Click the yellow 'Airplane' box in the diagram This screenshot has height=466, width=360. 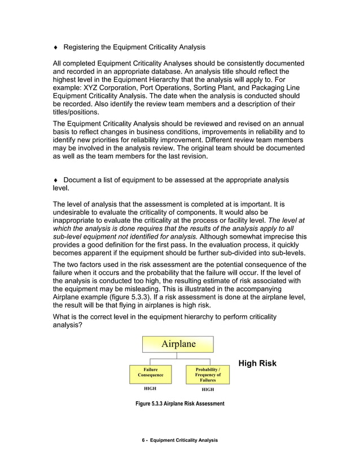click(178, 344)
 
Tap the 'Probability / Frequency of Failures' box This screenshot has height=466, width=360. click(208, 375)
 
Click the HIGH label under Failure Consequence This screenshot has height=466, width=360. click(149, 389)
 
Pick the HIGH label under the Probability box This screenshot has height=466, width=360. click(208, 389)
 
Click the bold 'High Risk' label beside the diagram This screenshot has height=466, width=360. click(257, 363)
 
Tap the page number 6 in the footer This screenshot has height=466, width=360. click(144, 439)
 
